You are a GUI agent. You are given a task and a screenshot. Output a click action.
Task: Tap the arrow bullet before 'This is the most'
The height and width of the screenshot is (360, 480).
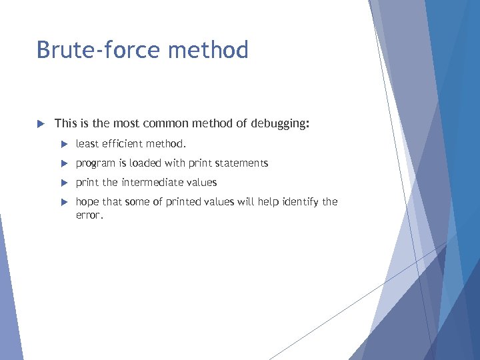click(x=40, y=123)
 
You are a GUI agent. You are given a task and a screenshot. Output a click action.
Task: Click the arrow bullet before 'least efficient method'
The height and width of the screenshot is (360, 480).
click(x=64, y=144)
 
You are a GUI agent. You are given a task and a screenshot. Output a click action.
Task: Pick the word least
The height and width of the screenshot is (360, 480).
click(x=86, y=144)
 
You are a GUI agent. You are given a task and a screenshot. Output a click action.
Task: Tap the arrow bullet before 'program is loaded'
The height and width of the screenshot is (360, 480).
click(x=64, y=163)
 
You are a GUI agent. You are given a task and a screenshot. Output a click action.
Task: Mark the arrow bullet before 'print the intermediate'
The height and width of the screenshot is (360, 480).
click(x=64, y=183)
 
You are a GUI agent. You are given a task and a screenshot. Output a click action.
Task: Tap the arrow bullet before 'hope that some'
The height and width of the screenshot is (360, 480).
click(x=64, y=202)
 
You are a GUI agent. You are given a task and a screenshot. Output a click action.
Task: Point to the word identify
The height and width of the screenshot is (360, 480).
click(x=299, y=202)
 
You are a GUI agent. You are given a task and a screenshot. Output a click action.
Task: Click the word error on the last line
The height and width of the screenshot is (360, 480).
click(x=88, y=215)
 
